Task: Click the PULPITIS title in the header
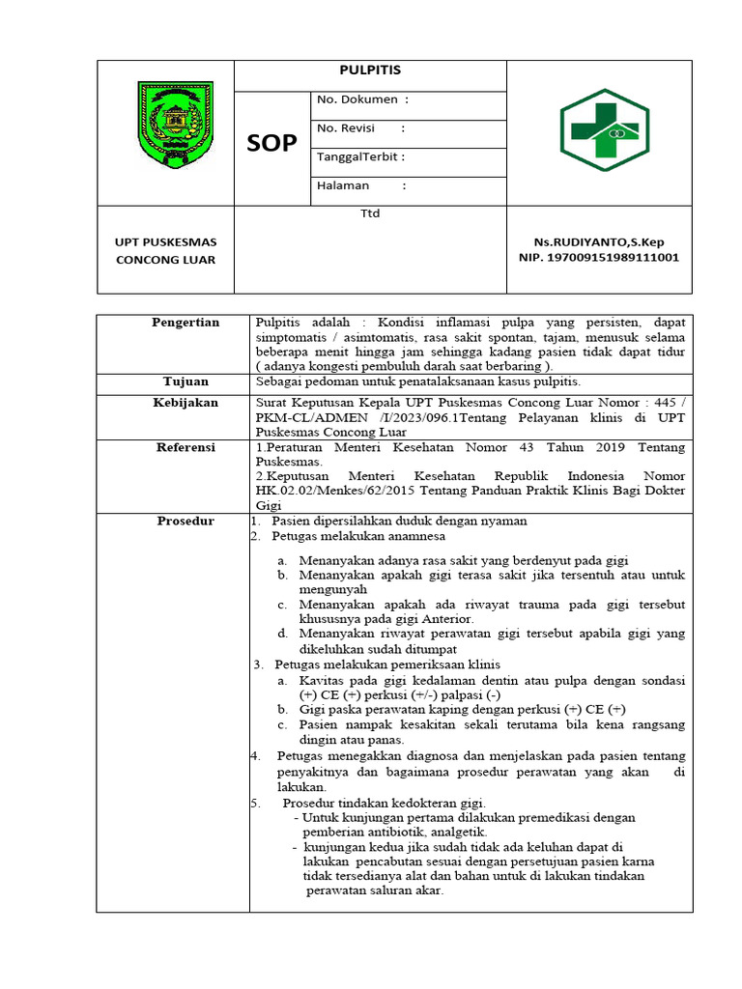coord(370,71)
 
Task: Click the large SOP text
coord(271,143)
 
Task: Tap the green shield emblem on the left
coord(174,121)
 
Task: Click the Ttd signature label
coord(370,213)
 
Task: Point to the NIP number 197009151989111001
coord(599,258)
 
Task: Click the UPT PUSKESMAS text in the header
coord(166,241)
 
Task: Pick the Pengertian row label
coord(185,323)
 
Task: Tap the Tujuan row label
coord(185,382)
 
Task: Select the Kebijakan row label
coord(185,403)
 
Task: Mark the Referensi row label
coord(185,448)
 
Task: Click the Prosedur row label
coord(185,522)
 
